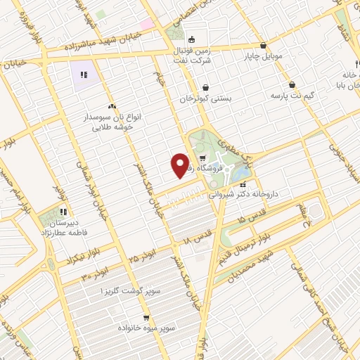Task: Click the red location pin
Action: (180, 166)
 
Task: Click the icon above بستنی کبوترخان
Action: (205, 87)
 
